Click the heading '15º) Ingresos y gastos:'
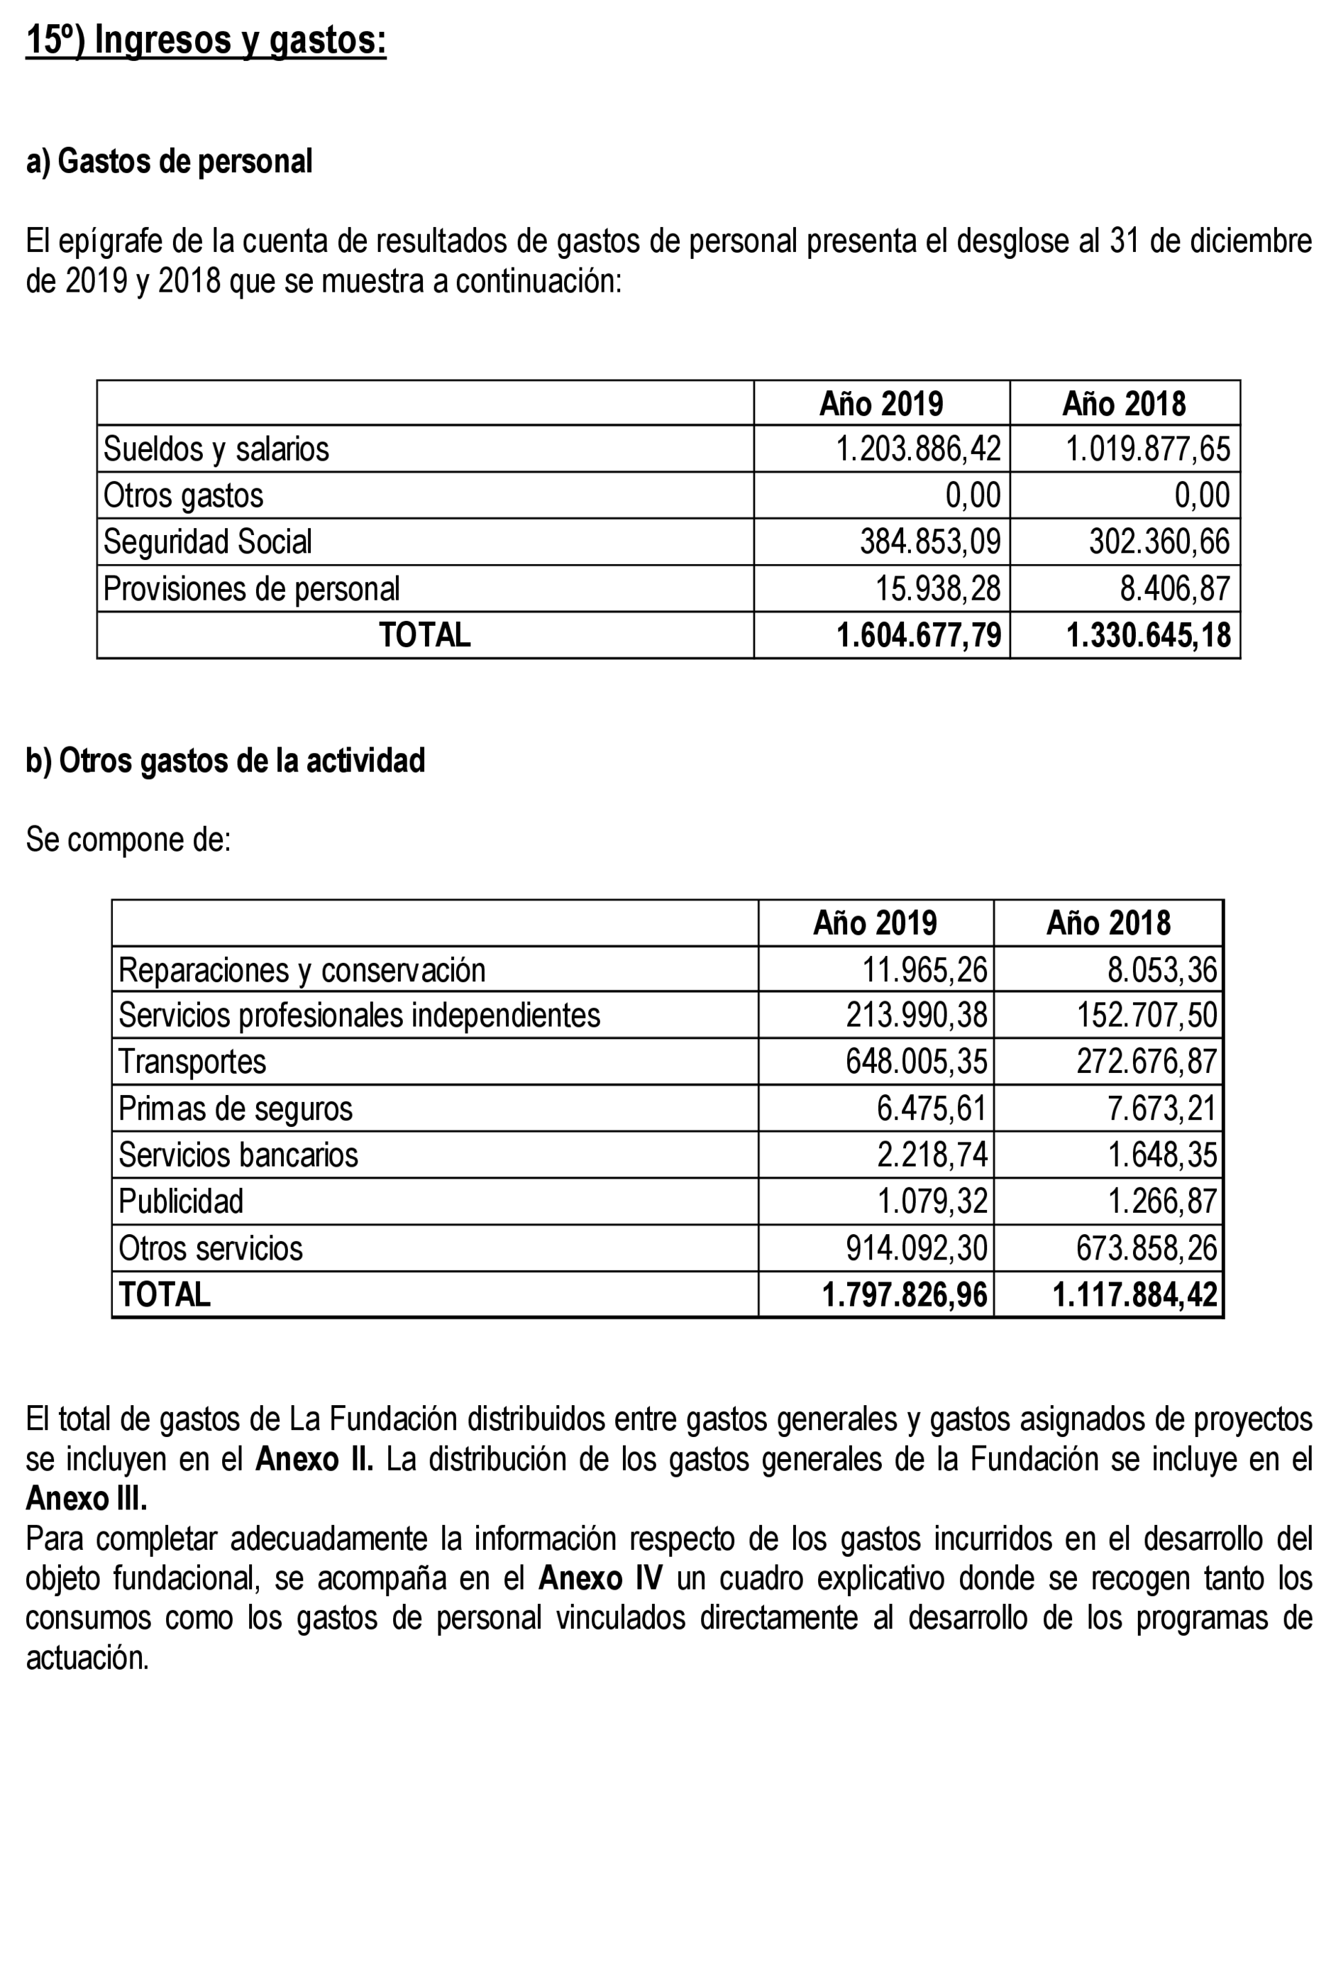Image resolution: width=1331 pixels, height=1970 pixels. click(x=206, y=40)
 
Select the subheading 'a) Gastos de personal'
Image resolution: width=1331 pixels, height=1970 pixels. click(x=169, y=161)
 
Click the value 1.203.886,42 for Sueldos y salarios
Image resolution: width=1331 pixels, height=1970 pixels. click(x=917, y=449)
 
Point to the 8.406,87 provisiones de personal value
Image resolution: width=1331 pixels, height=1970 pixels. click(x=1174, y=588)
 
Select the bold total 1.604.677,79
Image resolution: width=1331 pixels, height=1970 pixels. click(x=918, y=635)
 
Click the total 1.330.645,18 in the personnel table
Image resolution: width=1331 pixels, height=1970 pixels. click(x=1148, y=635)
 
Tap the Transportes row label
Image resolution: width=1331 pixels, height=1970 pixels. click(x=192, y=1062)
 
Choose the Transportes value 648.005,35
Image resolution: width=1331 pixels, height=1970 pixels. click(x=916, y=1062)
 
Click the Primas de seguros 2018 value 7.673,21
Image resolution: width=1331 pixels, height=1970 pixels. click(x=1161, y=1108)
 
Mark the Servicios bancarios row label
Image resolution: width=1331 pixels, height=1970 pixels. click(x=238, y=1155)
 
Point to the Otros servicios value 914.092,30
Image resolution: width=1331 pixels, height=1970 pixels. click(x=916, y=1248)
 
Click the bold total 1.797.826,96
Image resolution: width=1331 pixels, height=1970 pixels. click(x=904, y=1294)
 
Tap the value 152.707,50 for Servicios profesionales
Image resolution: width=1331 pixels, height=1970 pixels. click(x=1147, y=1015)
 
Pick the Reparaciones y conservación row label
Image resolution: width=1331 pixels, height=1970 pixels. click(x=302, y=969)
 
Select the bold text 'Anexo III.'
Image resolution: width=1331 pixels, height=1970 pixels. click(x=87, y=1498)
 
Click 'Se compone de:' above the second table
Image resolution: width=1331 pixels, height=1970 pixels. click(x=128, y=840)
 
